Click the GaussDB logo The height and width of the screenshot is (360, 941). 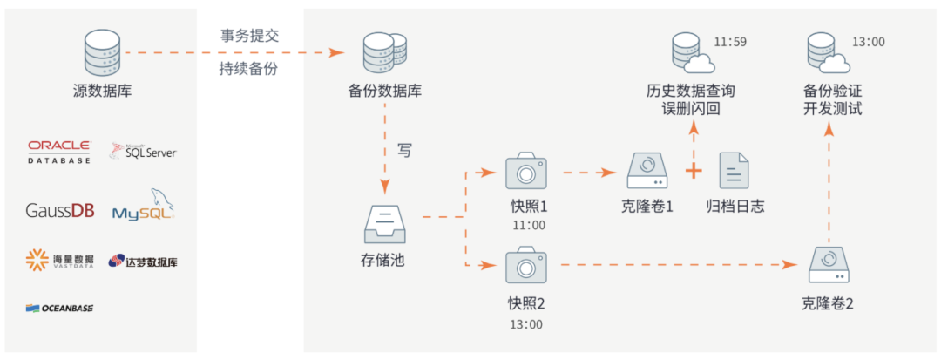[x=58, y=210]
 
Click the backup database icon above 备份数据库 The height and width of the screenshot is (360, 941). [x=383, y=52]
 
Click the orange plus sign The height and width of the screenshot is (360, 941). [x=694, y=171]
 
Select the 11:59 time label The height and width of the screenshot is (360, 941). [x=730, y=42]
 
